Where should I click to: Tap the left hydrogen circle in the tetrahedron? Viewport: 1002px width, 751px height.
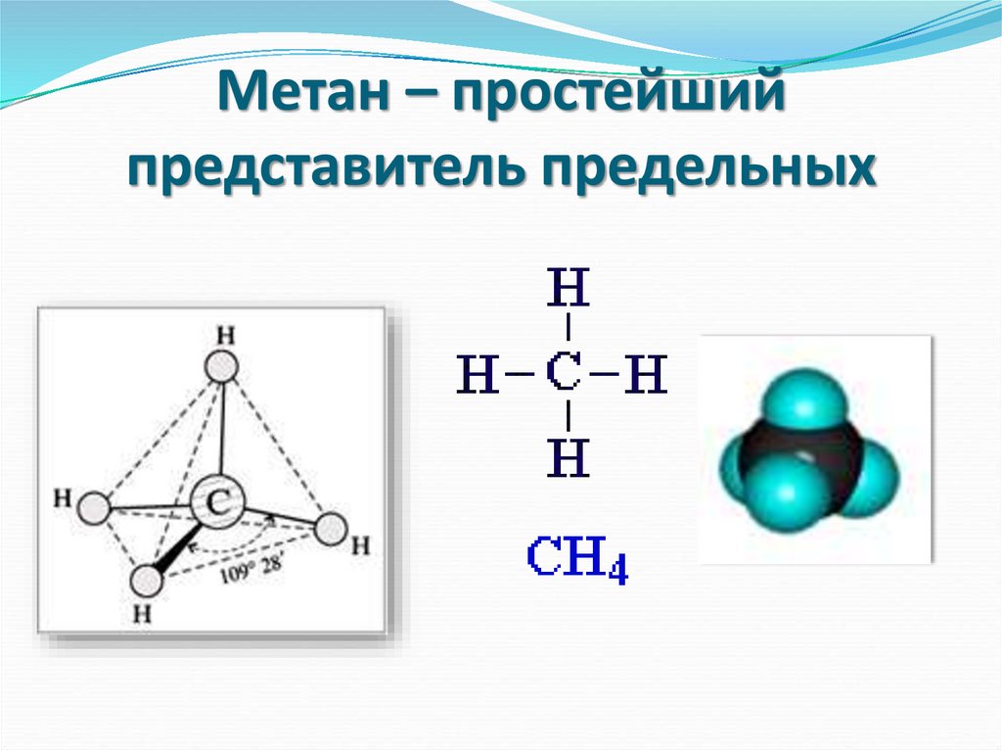[93, 508]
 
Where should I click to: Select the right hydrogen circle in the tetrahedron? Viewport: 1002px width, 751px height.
[330, 530]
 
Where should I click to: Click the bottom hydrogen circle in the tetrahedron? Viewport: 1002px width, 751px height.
[146, 581]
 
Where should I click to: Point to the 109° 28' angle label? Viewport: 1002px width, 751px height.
[250, 568]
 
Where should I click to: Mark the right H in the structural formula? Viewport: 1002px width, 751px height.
[647, 375]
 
